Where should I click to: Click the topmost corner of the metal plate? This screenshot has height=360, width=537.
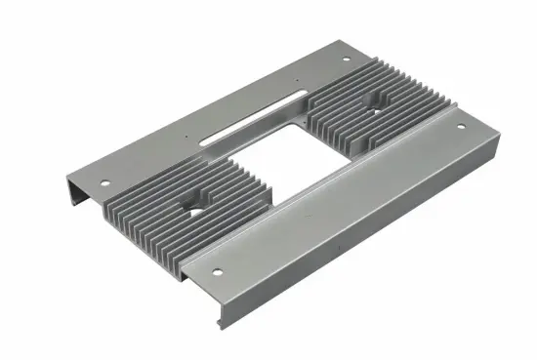(337, 42)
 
